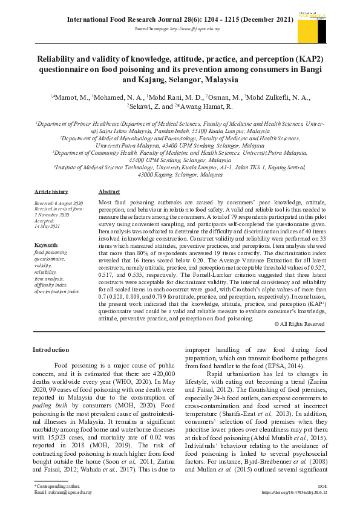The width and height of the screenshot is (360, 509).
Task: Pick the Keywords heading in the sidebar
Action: coord(45,245)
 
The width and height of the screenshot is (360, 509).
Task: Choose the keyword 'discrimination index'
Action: coord(56,291)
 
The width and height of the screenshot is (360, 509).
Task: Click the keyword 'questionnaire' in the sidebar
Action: coord(49,258)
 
